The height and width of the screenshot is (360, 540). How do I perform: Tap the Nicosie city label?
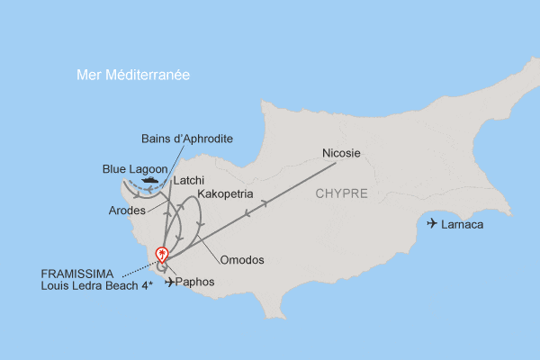(x=341, y=153)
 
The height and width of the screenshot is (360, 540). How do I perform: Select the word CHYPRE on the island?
(x=342, y=194)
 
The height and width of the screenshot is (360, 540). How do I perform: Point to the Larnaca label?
(x=463, y=224)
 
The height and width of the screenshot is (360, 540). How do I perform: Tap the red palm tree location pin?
(x=162, y=256)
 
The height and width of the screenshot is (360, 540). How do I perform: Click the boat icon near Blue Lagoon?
(x=148, y=179)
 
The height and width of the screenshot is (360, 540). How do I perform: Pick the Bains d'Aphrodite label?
(x=188, y=139)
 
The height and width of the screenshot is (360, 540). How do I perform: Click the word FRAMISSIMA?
(x=77, y=273)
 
